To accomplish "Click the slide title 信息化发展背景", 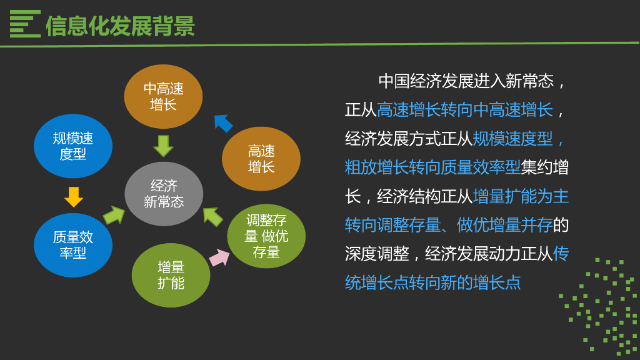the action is [x=120, y=26].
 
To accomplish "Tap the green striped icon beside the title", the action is [x=25, y=24].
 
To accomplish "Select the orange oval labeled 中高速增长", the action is [x=163, y=96].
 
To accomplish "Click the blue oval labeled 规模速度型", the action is [x=73, y=146].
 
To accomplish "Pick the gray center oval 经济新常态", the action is [x=164, y=194].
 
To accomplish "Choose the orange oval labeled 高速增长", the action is [x=261, y=159].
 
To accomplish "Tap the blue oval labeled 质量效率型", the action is [x=73, y=245].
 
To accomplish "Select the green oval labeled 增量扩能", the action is [x=171, y=275].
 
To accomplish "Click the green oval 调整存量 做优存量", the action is [x=266, y=236].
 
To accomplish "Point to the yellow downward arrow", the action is [x=73, y=196].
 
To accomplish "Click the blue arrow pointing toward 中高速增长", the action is [x=222, y=122].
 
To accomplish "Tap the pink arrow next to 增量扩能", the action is [x=219, y=257].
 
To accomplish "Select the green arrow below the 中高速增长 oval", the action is [x=163, y=146].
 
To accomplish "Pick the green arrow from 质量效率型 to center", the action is [x=114, y=215].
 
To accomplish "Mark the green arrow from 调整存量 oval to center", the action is [x=213, y=216].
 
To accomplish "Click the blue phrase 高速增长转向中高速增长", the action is [x=465, y=109].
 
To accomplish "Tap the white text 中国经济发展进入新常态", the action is [x=466, y=81].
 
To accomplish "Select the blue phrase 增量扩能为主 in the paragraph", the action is [x=521, y=196].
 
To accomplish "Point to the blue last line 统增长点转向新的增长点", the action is [x=432, y=282].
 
